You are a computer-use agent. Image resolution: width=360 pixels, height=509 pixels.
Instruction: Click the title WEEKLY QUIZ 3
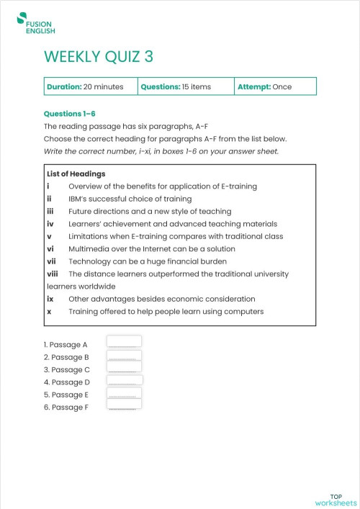click(99, 57)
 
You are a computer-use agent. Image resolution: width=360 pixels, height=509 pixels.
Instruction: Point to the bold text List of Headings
click(76, 174)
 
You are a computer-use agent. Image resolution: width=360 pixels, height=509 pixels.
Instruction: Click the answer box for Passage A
click(124, 342)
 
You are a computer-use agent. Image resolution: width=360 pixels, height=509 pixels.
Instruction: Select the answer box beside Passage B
click(124, 356)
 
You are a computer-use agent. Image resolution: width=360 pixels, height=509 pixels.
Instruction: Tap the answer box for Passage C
click(124, 368)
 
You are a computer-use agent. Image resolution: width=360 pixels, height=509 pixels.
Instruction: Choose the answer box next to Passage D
click(124, 381)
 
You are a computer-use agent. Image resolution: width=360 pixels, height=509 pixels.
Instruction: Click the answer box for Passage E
click(124, 393)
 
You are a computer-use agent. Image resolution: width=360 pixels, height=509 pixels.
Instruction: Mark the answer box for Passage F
click(124, 406)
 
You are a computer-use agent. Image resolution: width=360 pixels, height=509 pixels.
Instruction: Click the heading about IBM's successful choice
click(130, 199)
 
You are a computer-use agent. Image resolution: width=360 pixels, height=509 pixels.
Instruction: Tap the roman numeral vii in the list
click(50, 261)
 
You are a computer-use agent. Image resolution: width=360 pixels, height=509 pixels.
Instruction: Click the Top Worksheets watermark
click(336, 499)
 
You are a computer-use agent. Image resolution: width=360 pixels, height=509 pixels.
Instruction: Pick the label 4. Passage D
click(67, 382)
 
